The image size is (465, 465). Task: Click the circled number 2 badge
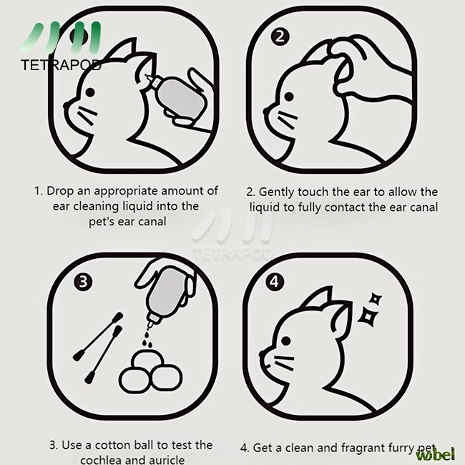(280, 36)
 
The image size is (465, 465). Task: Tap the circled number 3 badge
(83, 281)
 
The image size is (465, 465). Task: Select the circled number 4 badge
(275, 281)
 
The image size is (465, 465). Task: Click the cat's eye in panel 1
(90, 92)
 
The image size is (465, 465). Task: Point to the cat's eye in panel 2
(289, 97)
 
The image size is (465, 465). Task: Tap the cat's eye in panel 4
(286, 341)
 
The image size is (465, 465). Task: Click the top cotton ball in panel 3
(147, 358)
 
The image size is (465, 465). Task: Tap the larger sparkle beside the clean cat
(368, 318)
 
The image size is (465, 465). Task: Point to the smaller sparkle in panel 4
(376, 299)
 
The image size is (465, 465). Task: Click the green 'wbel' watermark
(436, 454)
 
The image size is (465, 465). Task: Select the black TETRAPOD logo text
(61, 65)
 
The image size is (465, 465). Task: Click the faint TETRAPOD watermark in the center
(232, 253)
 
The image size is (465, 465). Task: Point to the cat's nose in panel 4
(261, 353)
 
